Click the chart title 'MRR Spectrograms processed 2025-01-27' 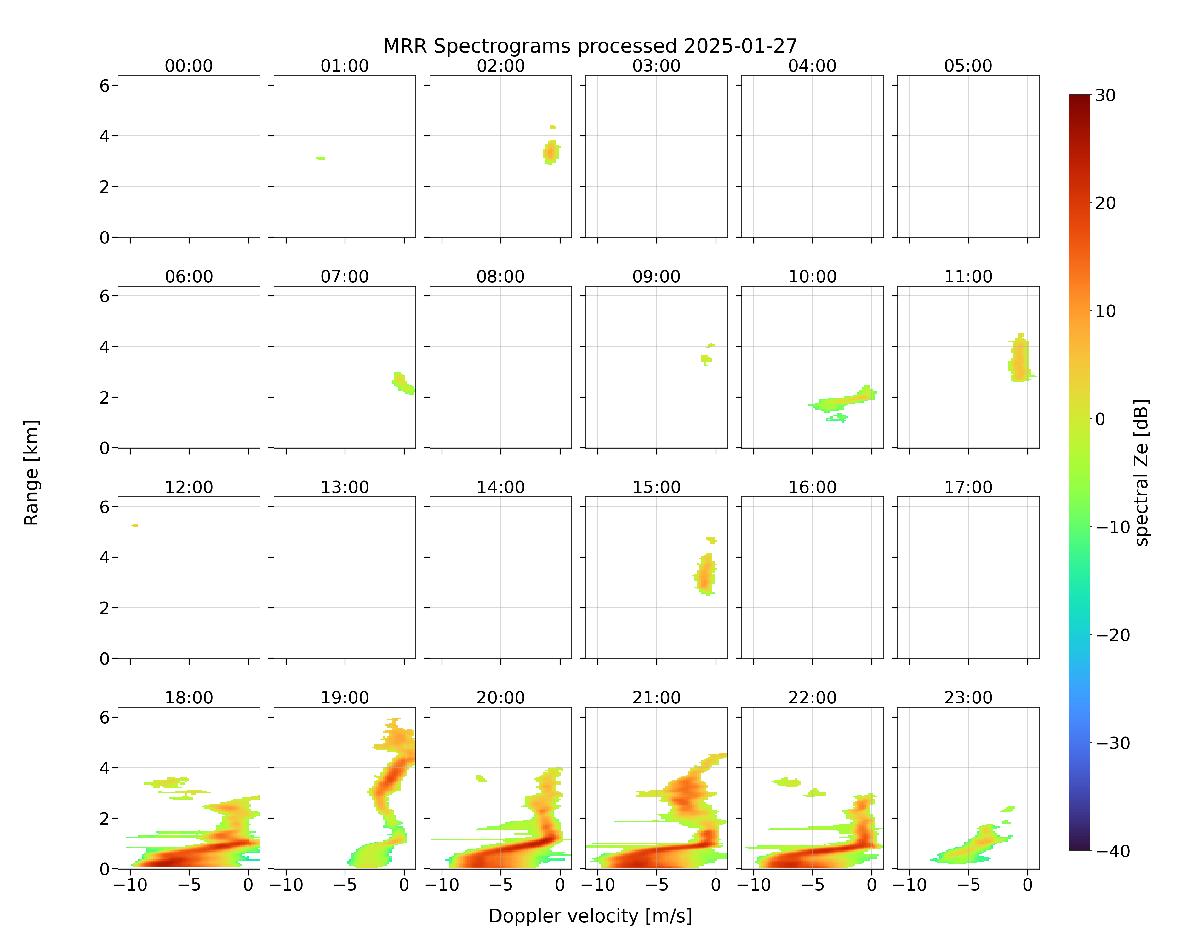pyautogui.click(x=590, y=46)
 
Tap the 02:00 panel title pyautogui.click(x=501, y=66)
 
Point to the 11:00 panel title pyautogui.click(x=968, y=277)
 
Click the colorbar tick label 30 pyautogui.click(x=1105, y=95)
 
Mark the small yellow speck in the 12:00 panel pyautogui.click(x=134, y=525)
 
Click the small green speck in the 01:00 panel pyautogui.click(x=321, y=158)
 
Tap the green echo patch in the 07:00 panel pyautogui.click(x=404, y=383)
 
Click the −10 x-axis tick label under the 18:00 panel pyautogui.click(x=130, y=885)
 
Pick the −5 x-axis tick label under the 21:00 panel pyautogui.click(x=656, y=885)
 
